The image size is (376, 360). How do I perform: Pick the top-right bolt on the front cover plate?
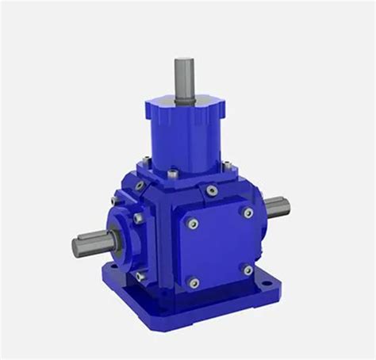247,213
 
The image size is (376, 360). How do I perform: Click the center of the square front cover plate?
219,247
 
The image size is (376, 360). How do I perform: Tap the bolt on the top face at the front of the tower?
172,171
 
